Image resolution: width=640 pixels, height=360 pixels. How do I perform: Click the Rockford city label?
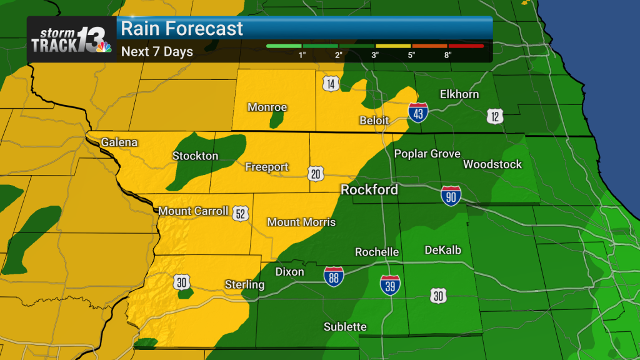click(369, 189)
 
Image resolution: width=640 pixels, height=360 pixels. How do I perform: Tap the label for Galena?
click(119, 142)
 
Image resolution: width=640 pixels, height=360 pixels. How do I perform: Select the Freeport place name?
click(266, 167)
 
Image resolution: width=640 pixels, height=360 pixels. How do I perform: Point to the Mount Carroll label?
click(193, 211)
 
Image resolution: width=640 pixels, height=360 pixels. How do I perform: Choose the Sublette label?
click(345, 327)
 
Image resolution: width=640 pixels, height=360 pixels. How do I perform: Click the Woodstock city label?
click(492, 164)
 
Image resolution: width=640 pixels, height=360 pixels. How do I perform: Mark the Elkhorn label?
click(459, 94)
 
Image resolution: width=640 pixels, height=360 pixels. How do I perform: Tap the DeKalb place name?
click(442, 250)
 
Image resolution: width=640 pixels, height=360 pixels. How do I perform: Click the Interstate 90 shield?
click(451, 195)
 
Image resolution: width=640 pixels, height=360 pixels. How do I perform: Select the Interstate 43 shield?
click(418, 112)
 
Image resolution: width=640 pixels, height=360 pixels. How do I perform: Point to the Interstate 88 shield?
click(334, 277)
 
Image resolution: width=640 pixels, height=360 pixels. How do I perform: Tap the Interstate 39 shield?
click(390, 285)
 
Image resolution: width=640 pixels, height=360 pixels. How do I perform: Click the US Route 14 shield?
click(331, 84)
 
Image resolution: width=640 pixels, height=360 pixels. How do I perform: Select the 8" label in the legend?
click(448, 55)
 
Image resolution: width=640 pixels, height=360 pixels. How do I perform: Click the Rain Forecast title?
click(182, 29)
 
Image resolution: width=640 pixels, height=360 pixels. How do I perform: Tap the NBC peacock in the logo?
click(103, 46)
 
